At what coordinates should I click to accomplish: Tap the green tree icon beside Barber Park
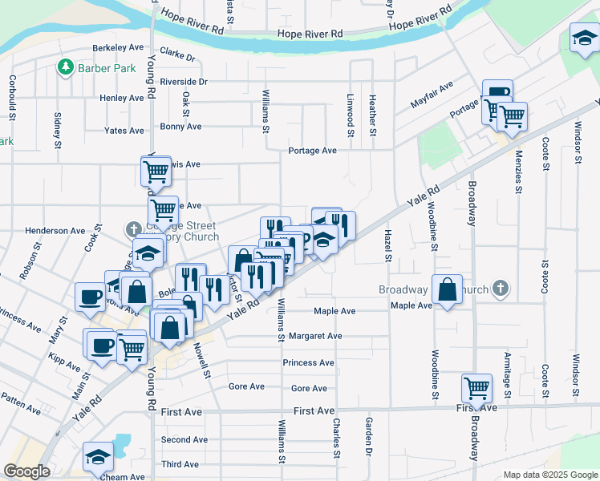[66, 68]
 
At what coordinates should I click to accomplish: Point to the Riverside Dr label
[184, 82]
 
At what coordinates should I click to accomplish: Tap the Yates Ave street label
[124, 130]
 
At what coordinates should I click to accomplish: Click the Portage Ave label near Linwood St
[313, 151]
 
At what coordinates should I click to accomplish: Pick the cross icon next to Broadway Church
[500, 289]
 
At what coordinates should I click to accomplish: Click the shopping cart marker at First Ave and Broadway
[477, 388]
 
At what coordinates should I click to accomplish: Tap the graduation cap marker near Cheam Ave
[98, 456]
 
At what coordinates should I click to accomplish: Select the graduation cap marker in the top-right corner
[585, 37]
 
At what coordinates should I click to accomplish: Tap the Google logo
[26, 471]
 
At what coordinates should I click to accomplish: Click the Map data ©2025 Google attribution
[549, 475]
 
